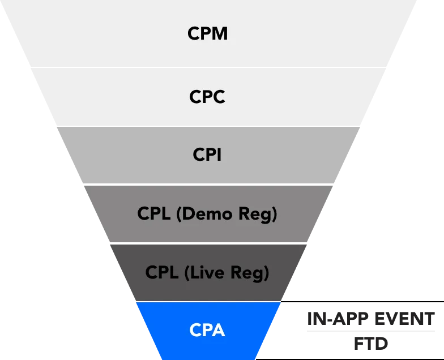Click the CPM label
tap(207, 33)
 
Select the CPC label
tap(207, 97)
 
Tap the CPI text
tap(207, 155)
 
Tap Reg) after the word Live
tap(250, 273)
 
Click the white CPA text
tap(207, 330)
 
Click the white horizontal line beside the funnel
tap(369, 333)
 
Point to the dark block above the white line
tap(371, 317)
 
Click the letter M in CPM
tap(220, 33)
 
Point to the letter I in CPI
tap(219, 155)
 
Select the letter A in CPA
tap(219, 330)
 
